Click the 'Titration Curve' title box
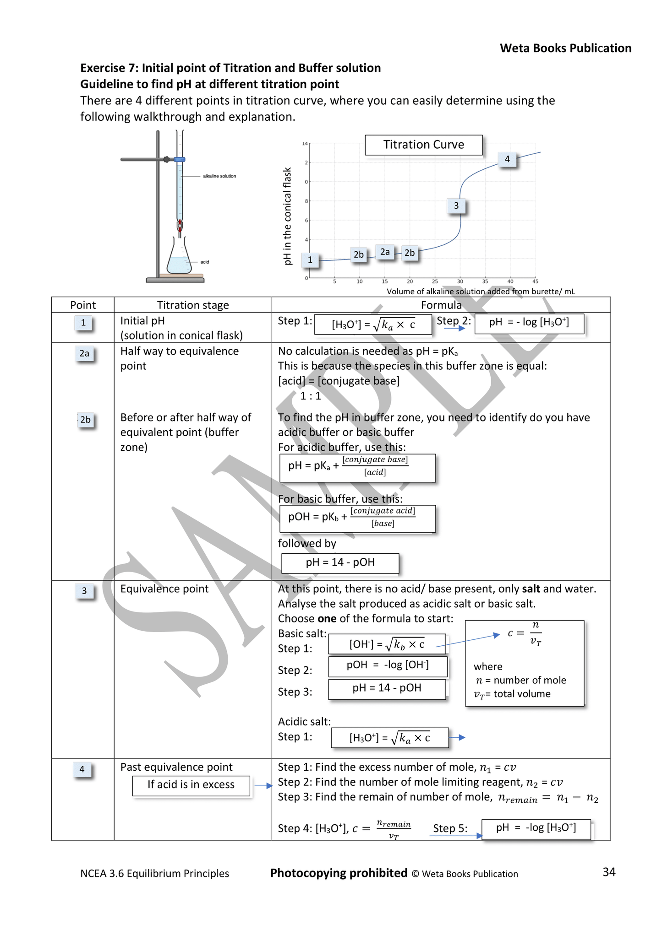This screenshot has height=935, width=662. pyautogui.click(x=423, y=145)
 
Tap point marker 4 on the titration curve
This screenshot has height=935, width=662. pyautogui.click(x=507, y=159)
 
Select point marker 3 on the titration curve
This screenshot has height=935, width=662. pyautogui.click(x=456, y=206)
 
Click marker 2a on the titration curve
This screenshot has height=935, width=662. pyautogui.click(x=385, y=252)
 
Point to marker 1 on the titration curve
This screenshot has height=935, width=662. pyautogui.click(x=310, y=260)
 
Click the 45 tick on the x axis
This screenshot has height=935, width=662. pyautogui.click(x=535, y=281)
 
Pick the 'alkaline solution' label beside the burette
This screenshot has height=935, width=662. pyautogui.click(x=219, y=176)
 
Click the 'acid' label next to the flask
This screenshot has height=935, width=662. pyautogui.click(x=205, y=262)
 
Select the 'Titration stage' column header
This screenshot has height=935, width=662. pyautogui.click(x=193, y=305)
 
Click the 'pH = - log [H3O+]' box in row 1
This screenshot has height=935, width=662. pyautogui.click(x=529, y=323)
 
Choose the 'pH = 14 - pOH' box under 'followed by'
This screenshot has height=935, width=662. pyautogui.click(x=340, y=562)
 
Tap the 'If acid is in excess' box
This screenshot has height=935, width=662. pyautogui.click(x=191, y=785)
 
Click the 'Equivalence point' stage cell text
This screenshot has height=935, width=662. pyautogui.click(x=164, y=589)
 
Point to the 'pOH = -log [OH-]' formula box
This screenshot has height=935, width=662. pyautogui.click(x=388, y=665)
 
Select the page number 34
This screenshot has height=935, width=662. pyautogui.click(x=609, y=872)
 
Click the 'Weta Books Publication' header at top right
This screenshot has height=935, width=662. pyautogui.click(x=565, y=49)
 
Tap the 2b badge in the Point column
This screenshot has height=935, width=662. pyautogui.click(x=85, y=420)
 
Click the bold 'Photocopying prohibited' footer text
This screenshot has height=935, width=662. pyautogui.click(x=339, y=873)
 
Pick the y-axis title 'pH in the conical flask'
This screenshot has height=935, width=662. pyautogui.click(x=288, y=216)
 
